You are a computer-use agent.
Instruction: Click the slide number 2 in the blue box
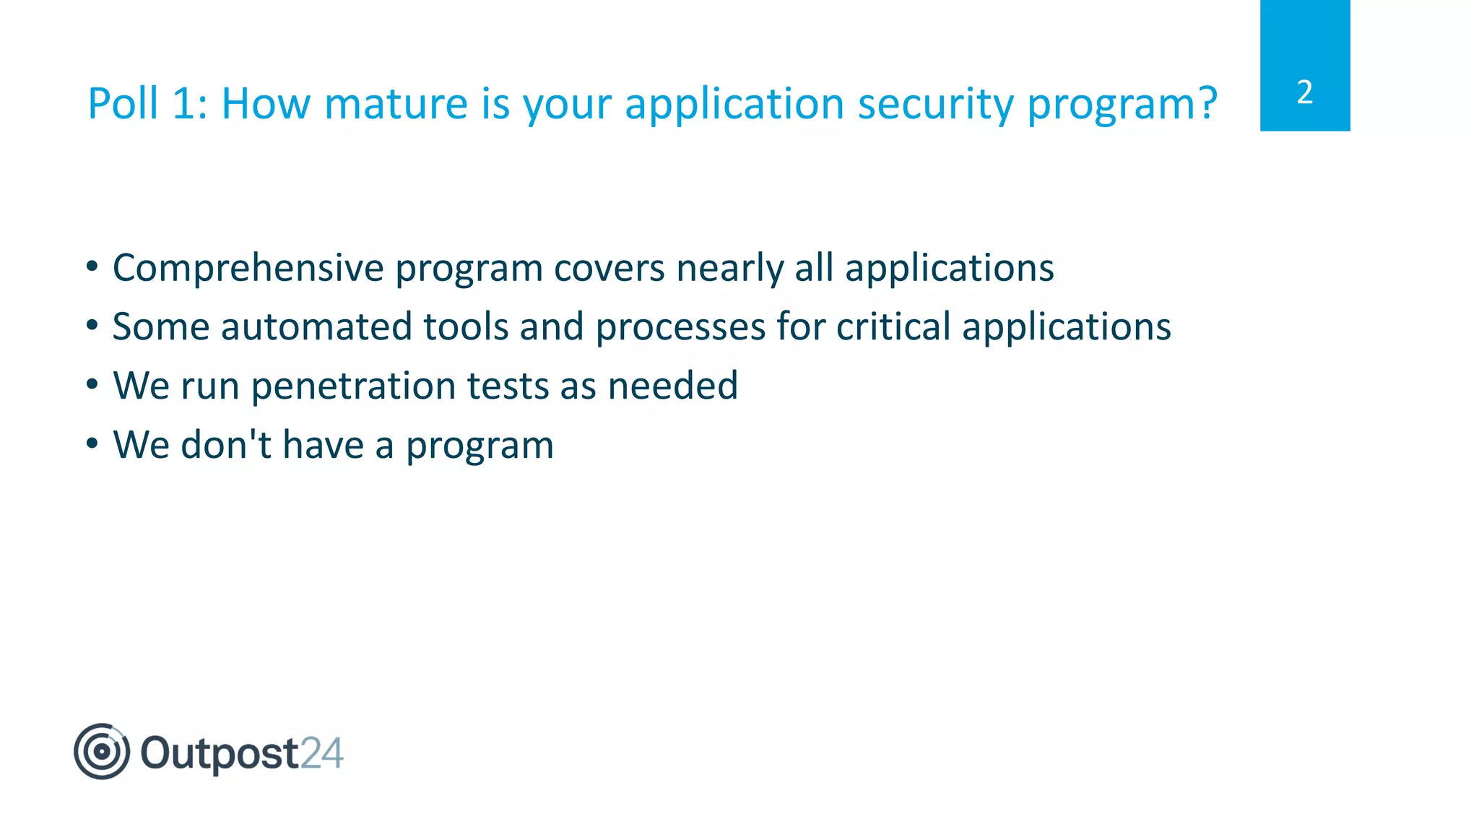click(1304, 92)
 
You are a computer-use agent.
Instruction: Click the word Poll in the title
click(123, 103)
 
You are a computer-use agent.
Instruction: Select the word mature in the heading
click(396, 103)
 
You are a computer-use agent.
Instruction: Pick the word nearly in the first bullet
click(729, 269)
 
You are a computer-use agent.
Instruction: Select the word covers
click(609, 269)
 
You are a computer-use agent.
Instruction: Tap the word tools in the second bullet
click(466, 326)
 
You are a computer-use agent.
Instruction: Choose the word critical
click(893, 326)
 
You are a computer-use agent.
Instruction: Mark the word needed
click(672, 386)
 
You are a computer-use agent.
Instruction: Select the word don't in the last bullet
click(226, 445)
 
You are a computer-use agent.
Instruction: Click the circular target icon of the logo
click(102, 751)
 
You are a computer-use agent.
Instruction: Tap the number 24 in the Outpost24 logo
click(321, 753)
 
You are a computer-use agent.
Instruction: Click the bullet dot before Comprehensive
click(92, 266)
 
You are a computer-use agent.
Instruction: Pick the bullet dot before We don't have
click(92, 443)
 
